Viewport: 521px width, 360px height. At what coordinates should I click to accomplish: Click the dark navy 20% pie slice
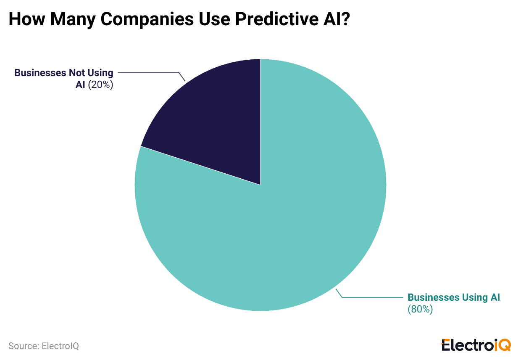(x=214, y=122)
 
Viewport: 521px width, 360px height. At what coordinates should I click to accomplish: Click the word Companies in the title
(x=128, y=20)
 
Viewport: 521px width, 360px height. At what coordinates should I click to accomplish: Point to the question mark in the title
(x=345, y=20)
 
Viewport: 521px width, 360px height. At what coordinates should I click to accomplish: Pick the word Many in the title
(x=67, y=20)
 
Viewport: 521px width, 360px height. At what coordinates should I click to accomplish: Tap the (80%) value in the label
(x=420, y=309)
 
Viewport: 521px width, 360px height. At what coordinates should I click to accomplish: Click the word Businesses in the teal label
(x=434, y=297)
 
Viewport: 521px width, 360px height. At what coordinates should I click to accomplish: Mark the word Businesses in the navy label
(x=37, y=73)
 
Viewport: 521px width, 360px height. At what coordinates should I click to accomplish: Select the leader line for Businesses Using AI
(x=374, y=297)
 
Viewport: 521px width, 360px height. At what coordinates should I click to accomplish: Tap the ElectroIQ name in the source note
(x=60, y=346)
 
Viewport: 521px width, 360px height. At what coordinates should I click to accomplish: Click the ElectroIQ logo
(x=476, y=345)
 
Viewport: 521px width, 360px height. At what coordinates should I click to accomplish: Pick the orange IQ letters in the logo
(x=502, y=345)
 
